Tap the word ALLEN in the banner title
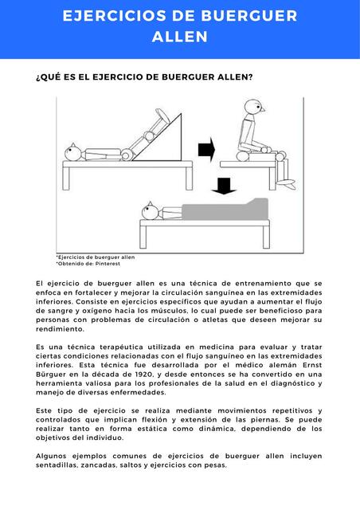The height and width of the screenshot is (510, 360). pos(180,37)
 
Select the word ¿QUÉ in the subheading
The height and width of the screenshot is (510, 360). pos(50,77)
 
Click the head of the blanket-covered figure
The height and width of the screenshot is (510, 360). pos(149,212)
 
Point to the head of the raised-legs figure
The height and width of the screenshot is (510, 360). pos(73,151)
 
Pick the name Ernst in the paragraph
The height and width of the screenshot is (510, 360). pos(307,363)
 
